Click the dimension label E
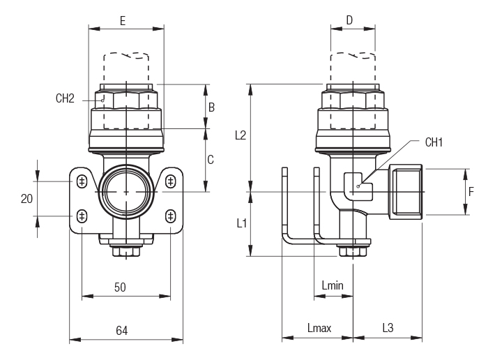(123, 21)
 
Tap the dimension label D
(349, 20)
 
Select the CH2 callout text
(65, 98)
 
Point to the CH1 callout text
(434, 142)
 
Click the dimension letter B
(211, 107)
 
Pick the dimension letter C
(211, 159)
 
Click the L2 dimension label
(240, 135)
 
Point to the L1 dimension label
(241, 223)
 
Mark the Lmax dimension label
(319, 328)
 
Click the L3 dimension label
(388, 328)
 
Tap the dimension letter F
(471, 191)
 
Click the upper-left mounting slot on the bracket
(82, 181)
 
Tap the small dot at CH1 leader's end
(357, 186)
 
